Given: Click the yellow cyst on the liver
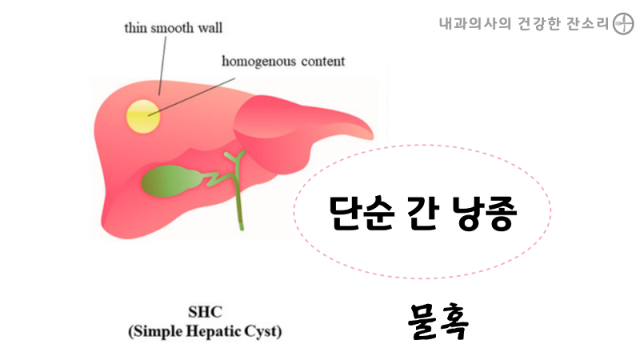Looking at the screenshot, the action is pos(143,116).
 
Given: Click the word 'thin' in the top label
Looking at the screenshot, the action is pos(135,28).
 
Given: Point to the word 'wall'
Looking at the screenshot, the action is pos(210,28).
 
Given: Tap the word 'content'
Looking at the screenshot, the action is pos(323,62).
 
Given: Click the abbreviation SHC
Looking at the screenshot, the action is pos(205,312).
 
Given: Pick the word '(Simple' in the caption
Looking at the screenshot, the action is pos(155,331).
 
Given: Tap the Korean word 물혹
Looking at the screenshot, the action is pos(438,322).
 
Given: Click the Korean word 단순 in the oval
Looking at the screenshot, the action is pos(362,213).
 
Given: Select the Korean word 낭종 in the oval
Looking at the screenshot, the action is pos(485,213).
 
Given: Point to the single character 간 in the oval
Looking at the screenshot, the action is pos(423,212).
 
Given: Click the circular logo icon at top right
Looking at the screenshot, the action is pos(623,24).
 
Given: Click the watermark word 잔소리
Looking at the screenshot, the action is pos(588,24).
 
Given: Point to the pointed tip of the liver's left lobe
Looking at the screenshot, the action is pos(372,136).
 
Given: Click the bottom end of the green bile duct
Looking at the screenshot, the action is pos(242,229).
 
